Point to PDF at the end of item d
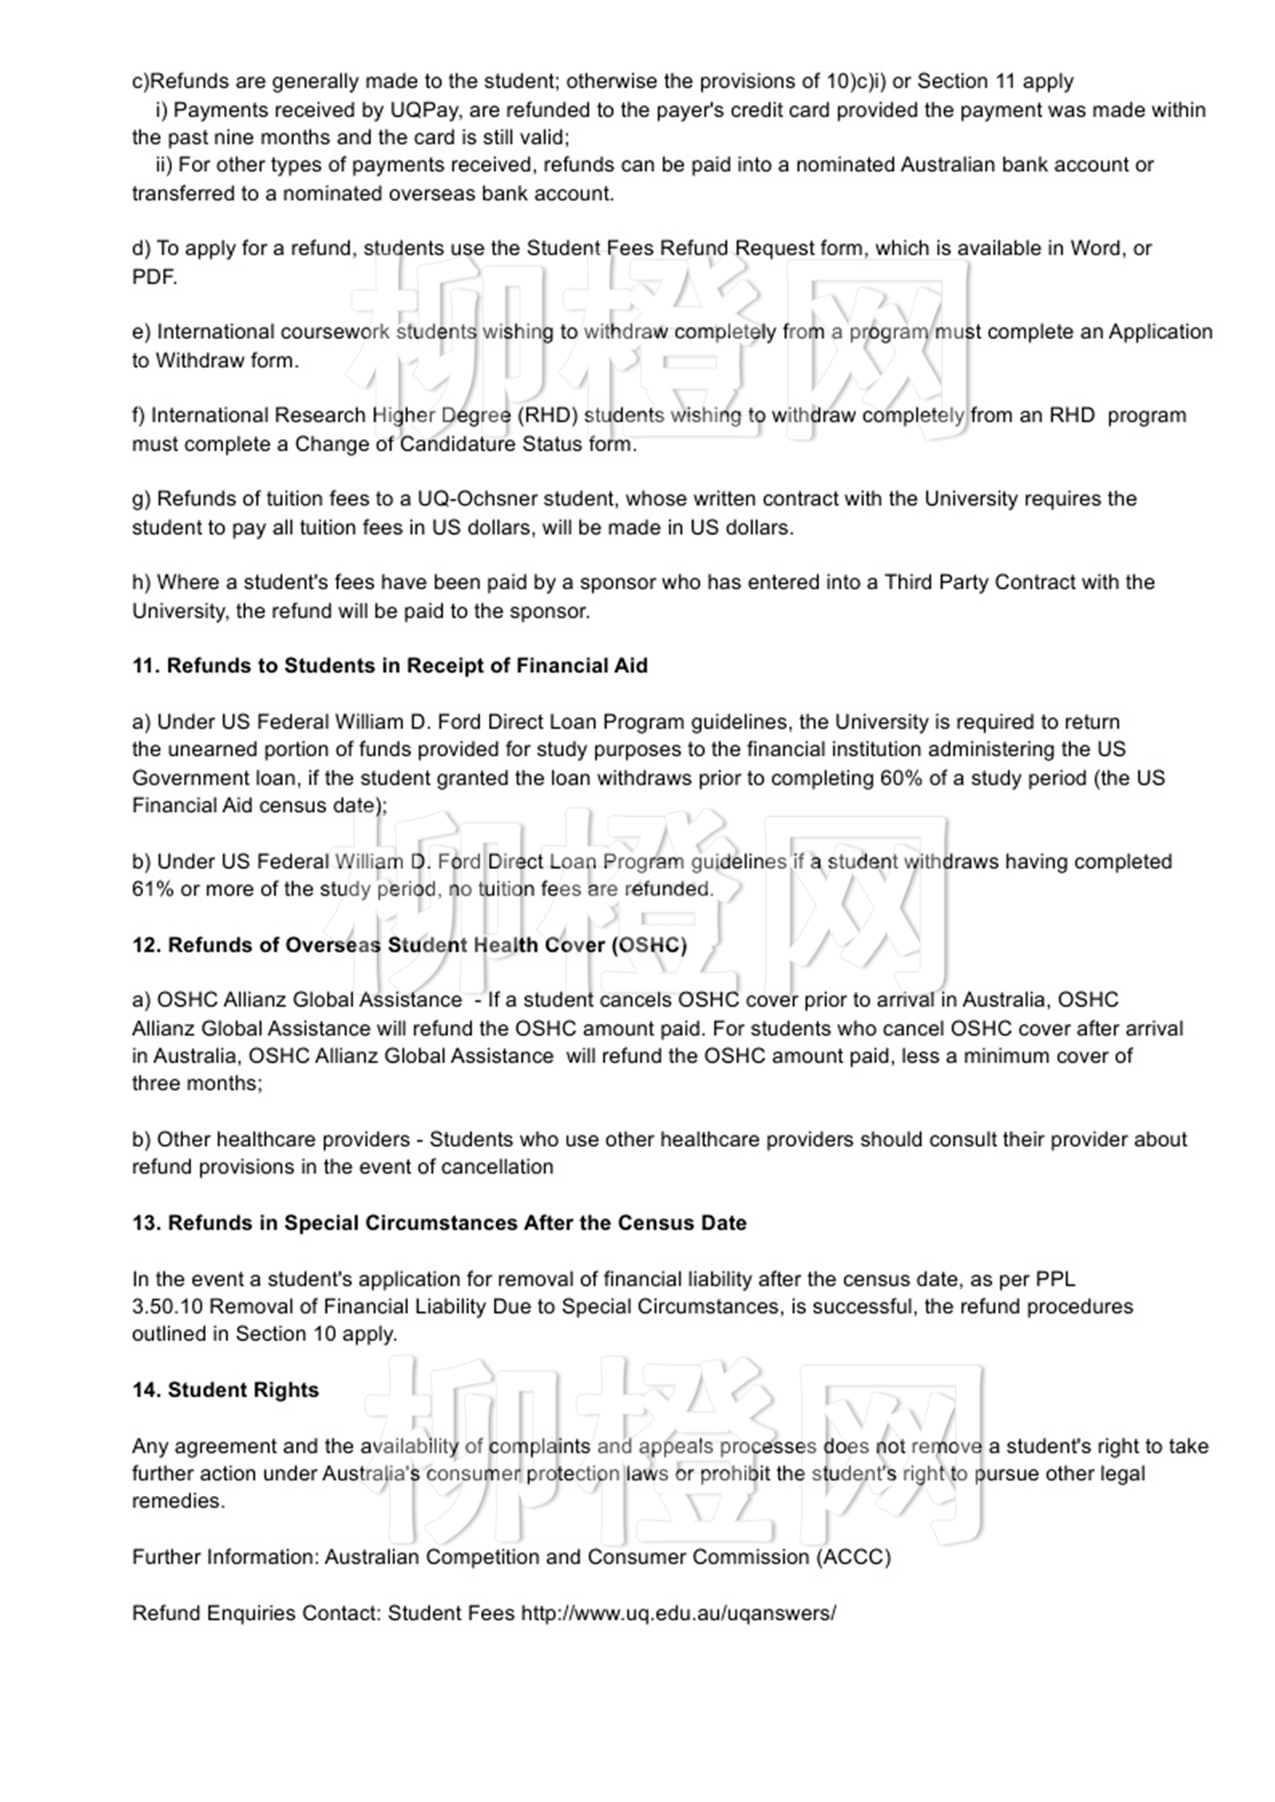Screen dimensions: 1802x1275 coord(153,277)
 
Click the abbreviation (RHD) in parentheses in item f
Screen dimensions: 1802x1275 coord(547,416)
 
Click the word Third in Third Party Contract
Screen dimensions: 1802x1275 coord(911,583)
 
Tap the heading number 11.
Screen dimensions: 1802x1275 coord(146,666)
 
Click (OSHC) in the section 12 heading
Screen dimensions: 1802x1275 coord(649,946)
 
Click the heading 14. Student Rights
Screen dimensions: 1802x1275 coord(225,1390)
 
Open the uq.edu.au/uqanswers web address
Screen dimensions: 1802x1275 coord(678,1613)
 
